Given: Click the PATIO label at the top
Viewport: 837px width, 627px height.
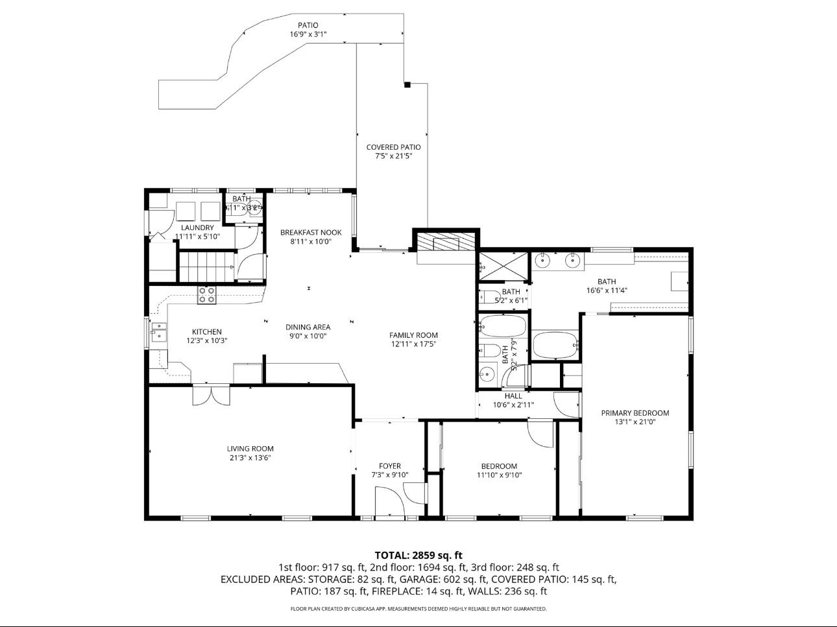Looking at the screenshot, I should pyautogui.click(x=308, y=25).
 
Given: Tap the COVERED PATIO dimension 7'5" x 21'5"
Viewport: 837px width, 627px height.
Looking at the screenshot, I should pyautogui.click(x=393, y=156).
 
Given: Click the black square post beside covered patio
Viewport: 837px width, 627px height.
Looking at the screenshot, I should pyautogui.click(x=407, y=85).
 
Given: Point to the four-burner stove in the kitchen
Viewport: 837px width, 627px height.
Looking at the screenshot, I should pyautogui.click(x=207, y=296).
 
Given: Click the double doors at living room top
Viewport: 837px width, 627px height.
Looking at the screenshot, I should pyautogui.click(x=210, y=396).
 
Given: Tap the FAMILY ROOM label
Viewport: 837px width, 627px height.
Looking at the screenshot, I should pyautogui.click(x=413, y=335).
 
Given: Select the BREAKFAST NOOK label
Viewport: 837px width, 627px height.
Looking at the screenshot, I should pyautogui.click(x=311, y=232).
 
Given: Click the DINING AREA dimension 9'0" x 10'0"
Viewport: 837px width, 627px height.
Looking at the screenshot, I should pyautogui.click(x=308, y=337).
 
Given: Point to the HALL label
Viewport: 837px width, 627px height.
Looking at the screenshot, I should pyautogui.click(x=513, y=396).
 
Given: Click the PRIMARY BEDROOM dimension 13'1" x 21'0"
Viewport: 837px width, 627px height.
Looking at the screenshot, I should pyautogui.click(x=635, y=422).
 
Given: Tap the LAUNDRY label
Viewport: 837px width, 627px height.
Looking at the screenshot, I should pyautogui.click(x=197, y=228).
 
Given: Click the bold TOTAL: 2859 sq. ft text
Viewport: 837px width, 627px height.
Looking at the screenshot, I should pyautogui.click(x=418, y=555).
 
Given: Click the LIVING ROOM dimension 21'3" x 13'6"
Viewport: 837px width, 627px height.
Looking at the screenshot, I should pyautogui.click(x=250, y=458).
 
